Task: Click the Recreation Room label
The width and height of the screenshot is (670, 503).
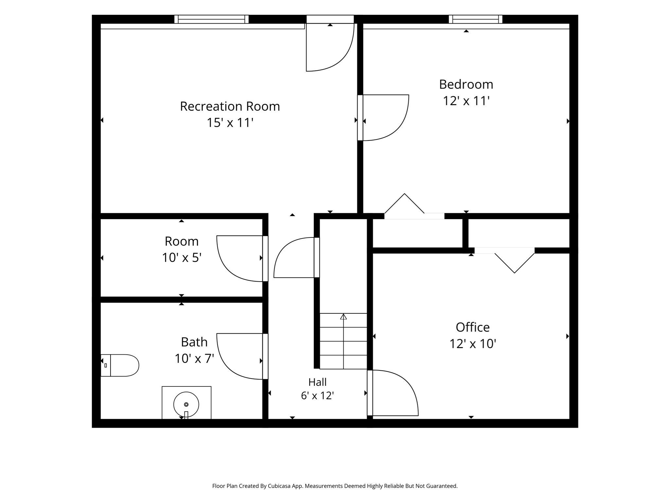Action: [230, 106]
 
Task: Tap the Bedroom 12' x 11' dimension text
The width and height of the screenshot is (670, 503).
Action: [466, 101]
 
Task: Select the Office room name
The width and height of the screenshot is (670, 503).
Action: [472, 327]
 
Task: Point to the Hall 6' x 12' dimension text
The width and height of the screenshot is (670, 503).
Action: [317, 396]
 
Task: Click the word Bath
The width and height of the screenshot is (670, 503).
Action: [194, 342]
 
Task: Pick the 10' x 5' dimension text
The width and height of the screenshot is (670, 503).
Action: [182, 258]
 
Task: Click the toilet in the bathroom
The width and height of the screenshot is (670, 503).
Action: [120, 365]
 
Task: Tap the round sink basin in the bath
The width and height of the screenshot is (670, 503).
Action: [186, 404]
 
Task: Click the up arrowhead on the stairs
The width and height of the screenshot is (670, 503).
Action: [343, 317]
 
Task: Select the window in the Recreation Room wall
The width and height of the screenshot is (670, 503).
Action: [211, 19]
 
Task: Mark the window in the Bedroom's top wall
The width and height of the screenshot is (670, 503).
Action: [475, 19]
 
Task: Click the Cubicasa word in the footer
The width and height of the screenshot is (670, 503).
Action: [280, 486]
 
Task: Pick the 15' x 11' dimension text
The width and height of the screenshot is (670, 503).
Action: [230, 123]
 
